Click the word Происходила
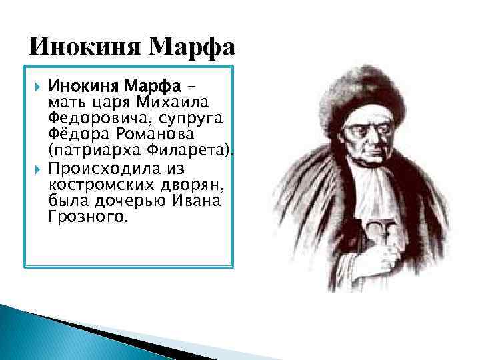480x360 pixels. click(100, 167)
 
